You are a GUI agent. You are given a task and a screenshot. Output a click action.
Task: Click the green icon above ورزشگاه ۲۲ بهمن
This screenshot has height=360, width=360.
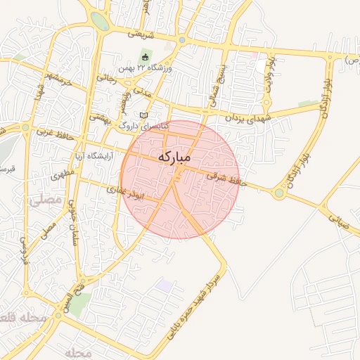(146, 56)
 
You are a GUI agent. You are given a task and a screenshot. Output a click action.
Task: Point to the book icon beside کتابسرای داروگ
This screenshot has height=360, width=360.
(144, 115)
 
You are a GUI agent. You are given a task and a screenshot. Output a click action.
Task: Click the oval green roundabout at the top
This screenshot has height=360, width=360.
(100, 21)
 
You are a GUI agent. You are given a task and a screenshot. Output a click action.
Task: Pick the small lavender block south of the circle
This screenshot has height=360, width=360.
(165, 285)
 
